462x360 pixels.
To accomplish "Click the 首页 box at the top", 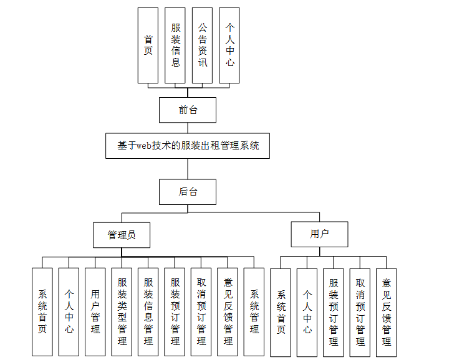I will (x=148, y=45).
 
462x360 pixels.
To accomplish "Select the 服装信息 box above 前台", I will (x=175, y=45).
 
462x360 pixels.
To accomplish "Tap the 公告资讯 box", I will (x=203, y=45).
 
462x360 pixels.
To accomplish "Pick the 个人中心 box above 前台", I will (x=229, y=45).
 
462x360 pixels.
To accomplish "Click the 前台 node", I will (x=188, y=110).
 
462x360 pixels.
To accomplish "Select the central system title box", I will (x=188, y=145).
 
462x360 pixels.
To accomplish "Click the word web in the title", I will (x=145, y=146).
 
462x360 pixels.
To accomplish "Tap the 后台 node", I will (x=188, y=192).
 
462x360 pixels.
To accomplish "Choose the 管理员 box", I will (x=122, y=235).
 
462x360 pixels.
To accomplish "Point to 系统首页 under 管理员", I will (x=42, y=312).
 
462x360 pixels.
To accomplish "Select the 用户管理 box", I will (x=95, y=312).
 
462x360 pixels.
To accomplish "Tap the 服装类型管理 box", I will (x=122, y=312).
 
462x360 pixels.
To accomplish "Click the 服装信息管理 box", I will (x=148, y=312).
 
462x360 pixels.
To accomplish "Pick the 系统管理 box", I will (x=254, y=312).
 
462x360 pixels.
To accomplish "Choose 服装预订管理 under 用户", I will (x=334, y=312).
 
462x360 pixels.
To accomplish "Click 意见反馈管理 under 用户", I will (x=387, y=312).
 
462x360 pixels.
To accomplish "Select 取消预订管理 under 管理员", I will (x=201, y=312).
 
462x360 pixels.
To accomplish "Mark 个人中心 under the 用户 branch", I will (x=307, y=312).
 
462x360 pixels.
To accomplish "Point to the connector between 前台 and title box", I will (x=188, y=128).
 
